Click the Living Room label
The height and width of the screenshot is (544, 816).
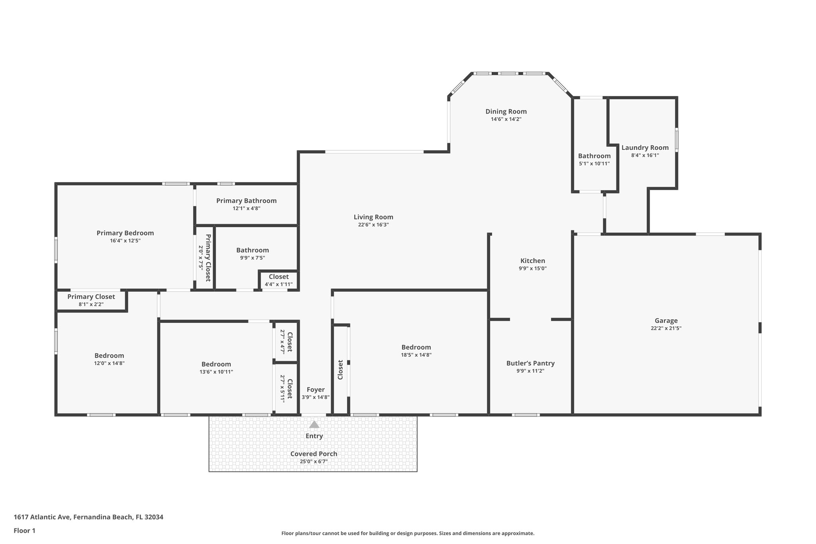pos(373,217)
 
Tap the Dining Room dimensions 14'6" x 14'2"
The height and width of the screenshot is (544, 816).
pos(506,119)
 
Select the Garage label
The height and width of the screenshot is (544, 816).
pos(666,320)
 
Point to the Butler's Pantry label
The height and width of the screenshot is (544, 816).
pos(530,363)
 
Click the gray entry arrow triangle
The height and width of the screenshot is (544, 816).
pos(314,424)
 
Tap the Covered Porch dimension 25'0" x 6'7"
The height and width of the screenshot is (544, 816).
pos(314,462)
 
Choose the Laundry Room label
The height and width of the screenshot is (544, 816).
pos(645,147)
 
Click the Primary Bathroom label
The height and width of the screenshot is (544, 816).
pos(246,200)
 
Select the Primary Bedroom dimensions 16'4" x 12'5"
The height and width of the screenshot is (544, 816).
pos(125,241)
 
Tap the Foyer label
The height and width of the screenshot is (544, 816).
pos(316,389)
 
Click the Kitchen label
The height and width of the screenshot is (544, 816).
pos(533,261)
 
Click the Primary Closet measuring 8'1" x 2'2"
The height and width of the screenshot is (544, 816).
pos(91,300)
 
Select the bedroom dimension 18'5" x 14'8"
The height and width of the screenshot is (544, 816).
pos(416,355)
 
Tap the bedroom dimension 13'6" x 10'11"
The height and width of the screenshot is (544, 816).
pos(216,372)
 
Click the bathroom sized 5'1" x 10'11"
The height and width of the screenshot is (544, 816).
pos(594,159)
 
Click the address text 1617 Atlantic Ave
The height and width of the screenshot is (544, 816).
pos(88,517)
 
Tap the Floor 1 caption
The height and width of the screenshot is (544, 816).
pos(24,530)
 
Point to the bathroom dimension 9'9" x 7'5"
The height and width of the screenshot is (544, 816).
pos(252,258)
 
